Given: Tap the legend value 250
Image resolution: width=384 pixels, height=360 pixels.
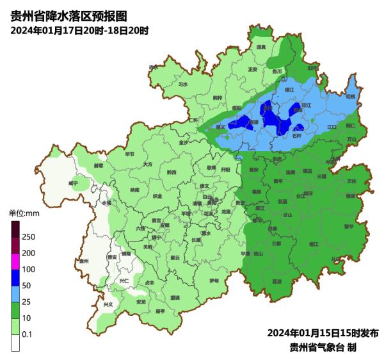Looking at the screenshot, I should click(29, 237).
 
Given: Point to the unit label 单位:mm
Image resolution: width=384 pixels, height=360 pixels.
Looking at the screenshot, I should click(24, 213).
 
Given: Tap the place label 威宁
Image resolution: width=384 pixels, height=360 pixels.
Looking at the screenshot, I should click(73, 183).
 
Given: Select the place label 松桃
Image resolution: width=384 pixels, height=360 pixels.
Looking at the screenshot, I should click(349, 97).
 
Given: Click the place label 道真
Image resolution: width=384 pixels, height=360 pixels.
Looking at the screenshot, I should click(260, 47).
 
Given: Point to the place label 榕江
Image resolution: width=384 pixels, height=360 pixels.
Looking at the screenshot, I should click(314, 244).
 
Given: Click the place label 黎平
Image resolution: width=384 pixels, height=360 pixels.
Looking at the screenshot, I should click(349, 226).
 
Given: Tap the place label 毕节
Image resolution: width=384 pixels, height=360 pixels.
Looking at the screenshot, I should click(130, 154).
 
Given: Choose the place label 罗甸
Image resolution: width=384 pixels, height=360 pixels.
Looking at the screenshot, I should click(214, 281).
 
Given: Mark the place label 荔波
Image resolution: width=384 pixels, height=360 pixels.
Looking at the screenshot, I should click(277, 281).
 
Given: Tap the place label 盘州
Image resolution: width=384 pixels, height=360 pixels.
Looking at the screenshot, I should click(83, 261).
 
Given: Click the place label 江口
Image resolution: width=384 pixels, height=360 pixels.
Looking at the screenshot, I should click(332, 127).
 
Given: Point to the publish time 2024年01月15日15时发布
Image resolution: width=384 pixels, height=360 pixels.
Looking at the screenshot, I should click(323, 333).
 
